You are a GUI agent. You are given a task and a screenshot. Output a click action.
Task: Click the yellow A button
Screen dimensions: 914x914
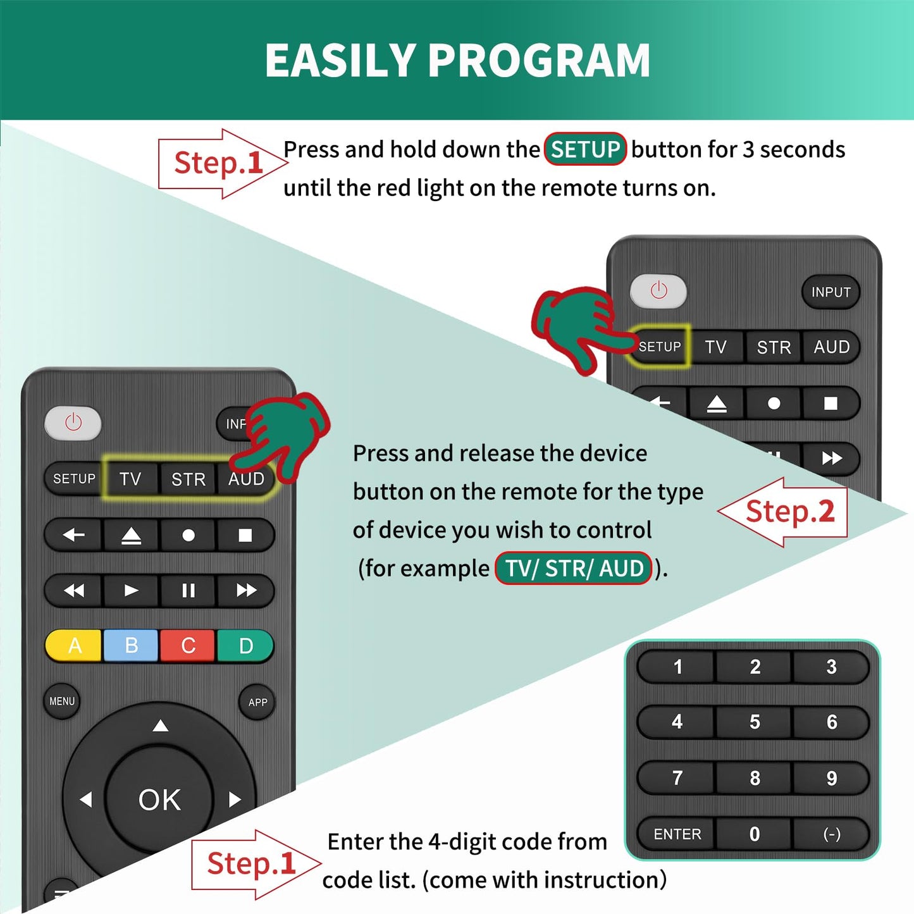[74, 646]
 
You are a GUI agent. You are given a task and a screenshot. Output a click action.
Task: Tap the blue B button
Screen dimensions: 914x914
[131, 646]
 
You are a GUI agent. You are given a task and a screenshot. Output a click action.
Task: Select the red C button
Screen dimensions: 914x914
[188, 646]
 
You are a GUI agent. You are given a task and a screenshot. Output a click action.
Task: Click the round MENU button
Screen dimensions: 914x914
[62, 701]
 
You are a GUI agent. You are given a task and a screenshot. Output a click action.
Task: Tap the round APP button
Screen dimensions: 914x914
[257, 702]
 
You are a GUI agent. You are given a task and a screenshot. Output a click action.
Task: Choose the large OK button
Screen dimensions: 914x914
[159, 800]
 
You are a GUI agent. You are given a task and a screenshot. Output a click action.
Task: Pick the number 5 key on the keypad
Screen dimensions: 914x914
[754, 722]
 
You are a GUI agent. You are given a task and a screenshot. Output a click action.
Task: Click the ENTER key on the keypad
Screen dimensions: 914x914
[677, 834]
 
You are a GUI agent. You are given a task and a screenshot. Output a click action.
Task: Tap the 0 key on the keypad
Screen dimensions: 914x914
[754, 834]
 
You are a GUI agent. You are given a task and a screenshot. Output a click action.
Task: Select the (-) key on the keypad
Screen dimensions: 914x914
[832, 834]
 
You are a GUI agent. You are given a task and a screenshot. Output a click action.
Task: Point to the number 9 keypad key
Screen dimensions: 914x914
[832, 778]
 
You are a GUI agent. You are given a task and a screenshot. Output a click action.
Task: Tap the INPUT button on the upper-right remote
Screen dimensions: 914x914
[831, 292]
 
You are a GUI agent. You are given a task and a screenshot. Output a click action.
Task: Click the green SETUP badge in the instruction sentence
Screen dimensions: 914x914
[585, 149]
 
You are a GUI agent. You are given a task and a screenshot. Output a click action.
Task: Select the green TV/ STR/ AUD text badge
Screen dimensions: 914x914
[573, 568]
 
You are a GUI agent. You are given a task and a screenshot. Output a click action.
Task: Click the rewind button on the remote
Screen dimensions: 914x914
[74, 591]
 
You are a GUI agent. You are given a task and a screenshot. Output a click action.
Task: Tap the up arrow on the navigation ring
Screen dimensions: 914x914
[161, 726]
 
